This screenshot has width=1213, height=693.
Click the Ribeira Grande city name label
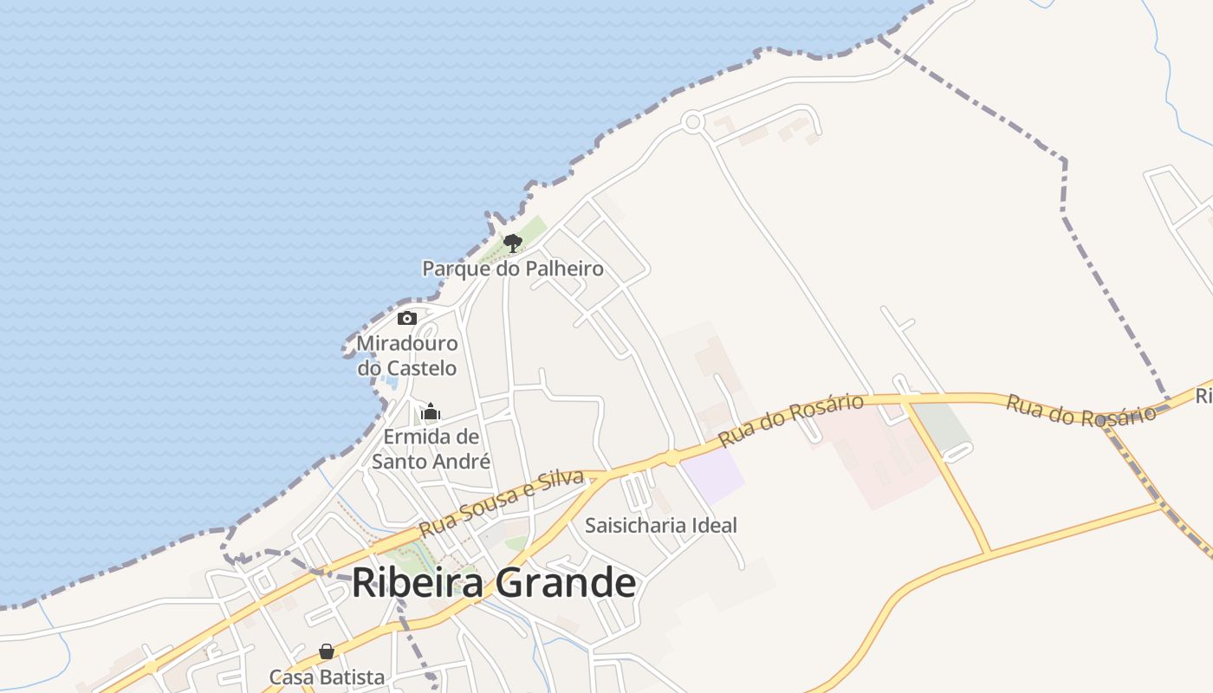tap(493, 583)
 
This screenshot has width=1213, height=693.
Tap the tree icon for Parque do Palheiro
tap(513, 243)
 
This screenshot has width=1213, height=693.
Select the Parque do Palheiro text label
tap(513, 269)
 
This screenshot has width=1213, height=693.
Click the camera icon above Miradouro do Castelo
tap(407, 318)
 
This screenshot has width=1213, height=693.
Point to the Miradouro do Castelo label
tap(407, 355)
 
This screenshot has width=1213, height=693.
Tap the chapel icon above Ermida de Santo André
tap(431, 411)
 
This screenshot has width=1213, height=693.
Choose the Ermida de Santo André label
tap(431, 449)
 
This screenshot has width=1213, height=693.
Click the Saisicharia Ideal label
tap(661, 525)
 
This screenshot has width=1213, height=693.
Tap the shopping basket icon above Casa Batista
tap(327, 651)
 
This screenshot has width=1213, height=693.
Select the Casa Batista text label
tap(327, 677)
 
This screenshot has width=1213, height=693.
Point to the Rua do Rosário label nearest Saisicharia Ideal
tap(791, 420)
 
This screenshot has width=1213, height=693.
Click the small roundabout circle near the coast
tap(691, 122)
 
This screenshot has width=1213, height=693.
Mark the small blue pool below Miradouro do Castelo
tap(391, 382)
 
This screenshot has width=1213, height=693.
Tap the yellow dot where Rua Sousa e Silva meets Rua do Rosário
tap(671, 457)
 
